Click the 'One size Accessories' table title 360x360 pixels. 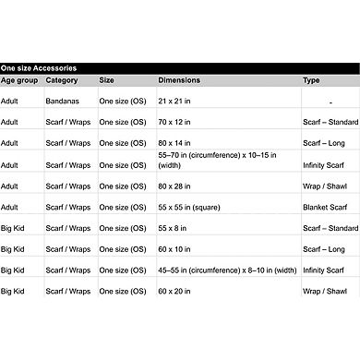tap(38, 68)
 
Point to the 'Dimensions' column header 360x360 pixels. tap(178, 80)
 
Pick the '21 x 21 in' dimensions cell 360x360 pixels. tap(175, 101)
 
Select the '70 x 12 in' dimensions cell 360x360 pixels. tap(175, 122)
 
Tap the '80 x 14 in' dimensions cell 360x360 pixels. tap(175, 143)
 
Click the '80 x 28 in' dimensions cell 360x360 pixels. tap(175, 186)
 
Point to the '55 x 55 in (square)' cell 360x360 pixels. tap(188, 207)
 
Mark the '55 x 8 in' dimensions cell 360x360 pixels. tap(174, 227)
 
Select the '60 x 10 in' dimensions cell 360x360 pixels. tap(175, 248)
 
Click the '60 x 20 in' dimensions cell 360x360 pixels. tap(175, 291)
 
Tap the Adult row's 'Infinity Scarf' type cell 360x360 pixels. tap(324, 164)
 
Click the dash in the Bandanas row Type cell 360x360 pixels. tap(330, 102)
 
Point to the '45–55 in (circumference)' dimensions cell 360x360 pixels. tap(227, 270)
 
